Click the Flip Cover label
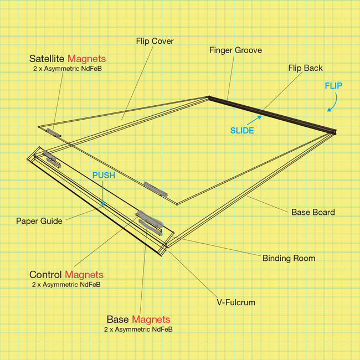tap(155, 41)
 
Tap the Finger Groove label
tap(235, 50)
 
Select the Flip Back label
tap(305, 68)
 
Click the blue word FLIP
tap(333, 86)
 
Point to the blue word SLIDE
tap(242, 131)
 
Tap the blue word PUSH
tap(104, 176)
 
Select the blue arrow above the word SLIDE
tap(254, 120)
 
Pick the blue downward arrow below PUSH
tap(103, 193)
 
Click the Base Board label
tap(313, 212)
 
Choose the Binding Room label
tap(289, 258)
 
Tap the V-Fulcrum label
tap(236, 302)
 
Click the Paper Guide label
tap(39, 221)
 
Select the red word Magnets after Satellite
tap(86, 59)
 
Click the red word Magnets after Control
tap(84, 275)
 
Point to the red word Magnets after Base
tap(151, 320)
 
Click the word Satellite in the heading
tap(47, 59)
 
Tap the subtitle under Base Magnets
tap(138, 330)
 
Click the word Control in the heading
tap(45, 275)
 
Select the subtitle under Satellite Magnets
tap(68, 69)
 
